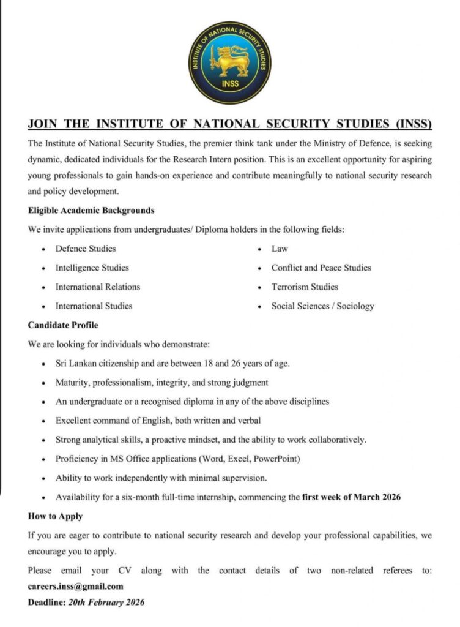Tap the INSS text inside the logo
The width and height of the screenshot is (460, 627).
tap(230, 84)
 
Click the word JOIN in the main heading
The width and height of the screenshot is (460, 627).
tap(43, 124)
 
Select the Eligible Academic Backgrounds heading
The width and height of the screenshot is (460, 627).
tap(91, 211)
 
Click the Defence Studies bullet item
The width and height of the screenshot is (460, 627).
tap(86, 249)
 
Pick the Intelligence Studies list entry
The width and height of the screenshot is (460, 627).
tap(92, 268)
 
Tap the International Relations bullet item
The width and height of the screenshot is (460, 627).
tap(98, 287)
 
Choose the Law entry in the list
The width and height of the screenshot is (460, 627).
tap(280, 249)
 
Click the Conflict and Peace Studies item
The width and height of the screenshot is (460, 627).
tap(321, 268)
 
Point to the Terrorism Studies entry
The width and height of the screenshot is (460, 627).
tap(305, 287)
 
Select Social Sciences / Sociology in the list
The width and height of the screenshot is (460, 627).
tap(322, 306)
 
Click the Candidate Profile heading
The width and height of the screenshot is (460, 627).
tap(63, 325)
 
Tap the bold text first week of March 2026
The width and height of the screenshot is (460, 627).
tap(351, 497)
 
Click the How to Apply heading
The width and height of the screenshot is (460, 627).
tap(55, 516)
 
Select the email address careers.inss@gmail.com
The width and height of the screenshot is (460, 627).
tap(76, 586)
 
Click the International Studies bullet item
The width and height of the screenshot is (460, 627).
tap(94, 306)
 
